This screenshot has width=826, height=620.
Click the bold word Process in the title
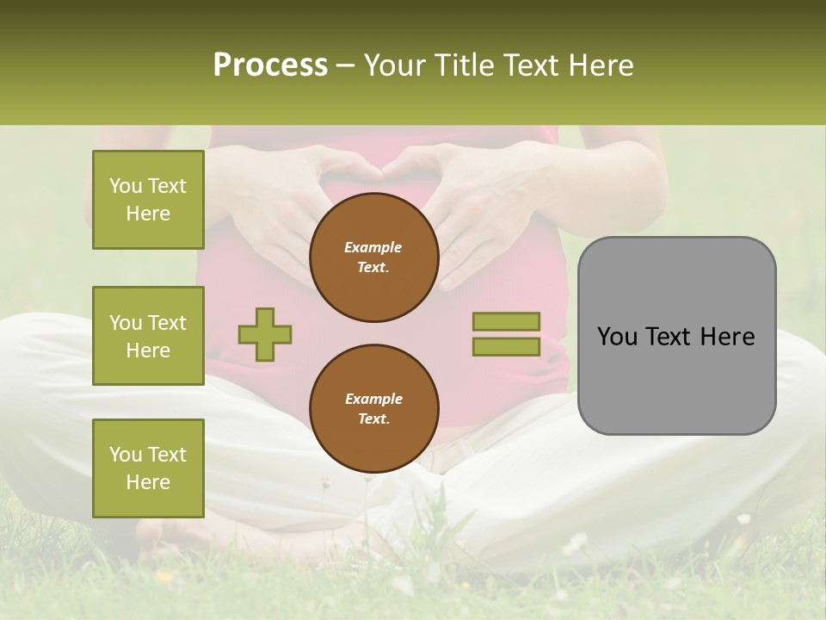(x=270, y=65)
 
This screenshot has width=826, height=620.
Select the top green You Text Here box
(x=148, y=200)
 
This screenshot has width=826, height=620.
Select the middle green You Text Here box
(x=148, y=336)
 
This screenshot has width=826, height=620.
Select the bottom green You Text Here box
(x=148, y=468)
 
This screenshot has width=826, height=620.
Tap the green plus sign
(x=265, y=334)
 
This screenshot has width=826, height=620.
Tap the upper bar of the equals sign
(x=506, y=321)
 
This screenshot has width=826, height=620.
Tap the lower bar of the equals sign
(x=506, y=347)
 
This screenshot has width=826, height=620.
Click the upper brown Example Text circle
(x=373, y=257)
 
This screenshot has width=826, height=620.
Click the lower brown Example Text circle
(x=373, y=409)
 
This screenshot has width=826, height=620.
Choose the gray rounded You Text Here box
(x=676, y=336)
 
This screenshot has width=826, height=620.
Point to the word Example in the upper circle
(x=373, y=247)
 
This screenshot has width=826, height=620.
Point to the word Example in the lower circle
(x=373, y=399)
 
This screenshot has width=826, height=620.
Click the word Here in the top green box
(x=148, y=214)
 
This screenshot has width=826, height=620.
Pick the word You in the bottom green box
(x=126, y=455)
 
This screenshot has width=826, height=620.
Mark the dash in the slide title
(x=346, y=65)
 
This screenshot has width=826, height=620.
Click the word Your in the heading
(x=394, y=65)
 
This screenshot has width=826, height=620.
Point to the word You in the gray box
(x=618, y=337)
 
